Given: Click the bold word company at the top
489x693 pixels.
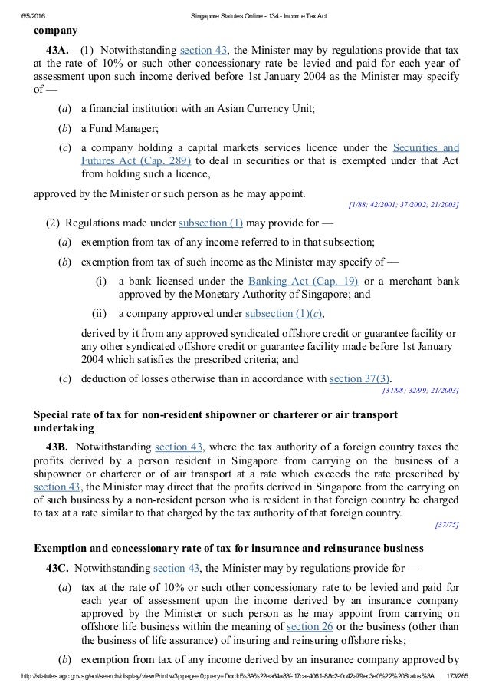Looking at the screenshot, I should click(x=54, y=31).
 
